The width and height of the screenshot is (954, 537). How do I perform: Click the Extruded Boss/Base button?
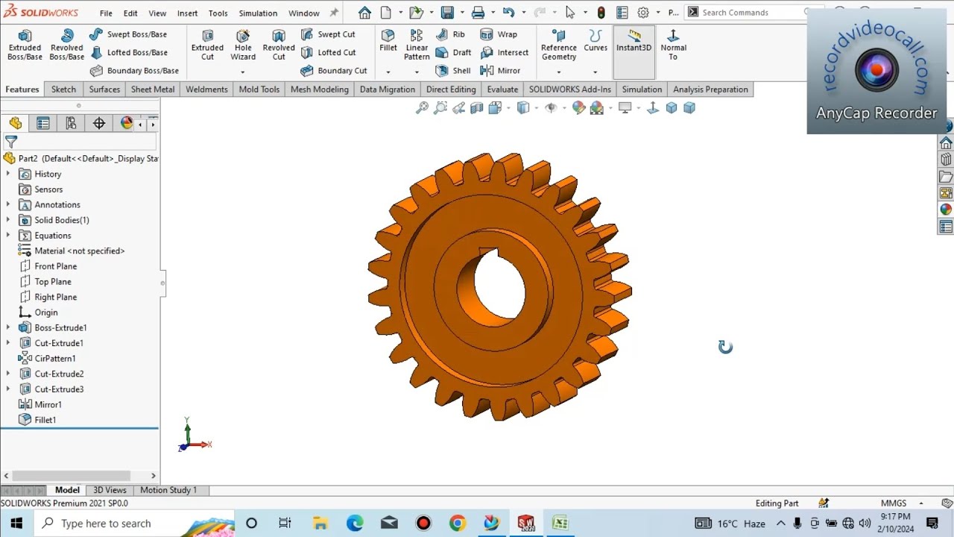(x=25, y=45)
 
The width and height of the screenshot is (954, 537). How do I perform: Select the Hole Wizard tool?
(x=243, y=45)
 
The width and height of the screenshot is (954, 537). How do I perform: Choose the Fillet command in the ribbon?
(x=388, y=41)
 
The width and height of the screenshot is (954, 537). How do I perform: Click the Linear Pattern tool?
(x=417, y=45)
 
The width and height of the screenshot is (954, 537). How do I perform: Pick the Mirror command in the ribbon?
(x=501, y=70)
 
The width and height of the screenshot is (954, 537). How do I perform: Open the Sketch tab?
(x=63, y=89)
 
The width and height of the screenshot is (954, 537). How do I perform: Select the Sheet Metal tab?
(x=153, y=89)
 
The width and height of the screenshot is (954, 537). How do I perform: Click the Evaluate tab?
(x=502, y=89)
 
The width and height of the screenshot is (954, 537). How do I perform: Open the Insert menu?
(x=187, y=13)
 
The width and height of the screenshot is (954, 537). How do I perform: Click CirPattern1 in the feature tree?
(x=54, y=359)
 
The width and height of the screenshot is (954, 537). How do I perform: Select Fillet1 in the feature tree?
(x=45, y=420)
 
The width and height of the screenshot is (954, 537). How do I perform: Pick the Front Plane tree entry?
(x=55, y=266)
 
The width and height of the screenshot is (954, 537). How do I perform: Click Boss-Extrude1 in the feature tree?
(x=60, y=328)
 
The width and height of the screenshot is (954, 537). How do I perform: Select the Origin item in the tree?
(x=45, y=313)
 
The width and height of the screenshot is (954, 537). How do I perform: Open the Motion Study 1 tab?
(x=168, y=490)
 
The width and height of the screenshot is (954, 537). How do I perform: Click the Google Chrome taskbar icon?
(x=457, y=524)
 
